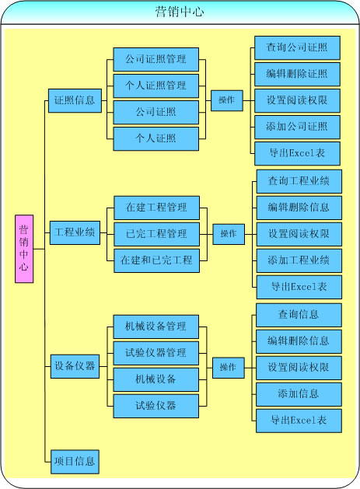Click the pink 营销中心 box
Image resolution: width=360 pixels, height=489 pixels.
click(24, 249)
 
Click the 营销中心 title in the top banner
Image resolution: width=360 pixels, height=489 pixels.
click(180, 12)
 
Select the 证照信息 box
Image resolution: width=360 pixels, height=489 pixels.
click(75, 100)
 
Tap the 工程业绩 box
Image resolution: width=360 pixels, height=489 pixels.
click(75, 232)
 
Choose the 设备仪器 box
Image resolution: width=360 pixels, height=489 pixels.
click(75, 366)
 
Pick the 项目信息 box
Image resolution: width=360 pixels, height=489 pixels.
click(75, 462)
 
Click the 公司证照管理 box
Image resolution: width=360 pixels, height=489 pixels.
click(156, 59)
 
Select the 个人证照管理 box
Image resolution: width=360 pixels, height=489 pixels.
click(156, 86)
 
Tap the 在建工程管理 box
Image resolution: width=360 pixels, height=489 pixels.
click(156, 208)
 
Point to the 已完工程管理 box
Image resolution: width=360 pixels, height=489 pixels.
click(156, 234)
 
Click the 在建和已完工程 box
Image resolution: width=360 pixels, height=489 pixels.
click(156, 260)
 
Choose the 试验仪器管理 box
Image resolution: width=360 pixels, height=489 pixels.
click(156, 353)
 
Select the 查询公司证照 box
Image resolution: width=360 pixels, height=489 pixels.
click(297, 47)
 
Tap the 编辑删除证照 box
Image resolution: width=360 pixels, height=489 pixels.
click(297, 74)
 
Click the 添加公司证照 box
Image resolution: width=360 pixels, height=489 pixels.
click(297, 127)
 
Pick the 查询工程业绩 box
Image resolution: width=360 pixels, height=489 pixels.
click(299, 181)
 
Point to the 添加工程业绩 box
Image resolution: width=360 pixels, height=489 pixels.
click(299, 260)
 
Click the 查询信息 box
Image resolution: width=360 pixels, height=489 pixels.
click(299, 315)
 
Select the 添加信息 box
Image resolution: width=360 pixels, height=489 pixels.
click(299, 394)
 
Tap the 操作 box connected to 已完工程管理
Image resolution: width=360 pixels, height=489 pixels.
click(229, 234)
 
